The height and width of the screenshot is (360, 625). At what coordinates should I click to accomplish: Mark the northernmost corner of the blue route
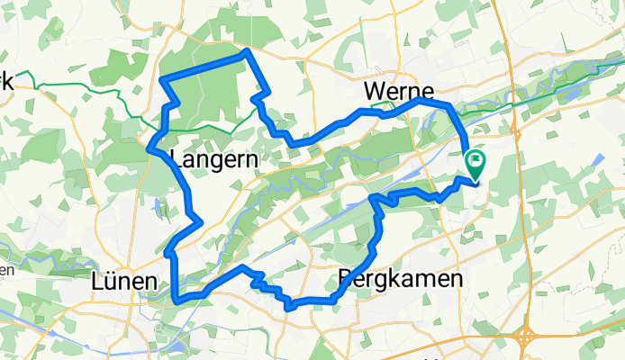[x=246, y=52]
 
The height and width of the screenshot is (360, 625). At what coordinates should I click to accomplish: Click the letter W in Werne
[x=374, y=91]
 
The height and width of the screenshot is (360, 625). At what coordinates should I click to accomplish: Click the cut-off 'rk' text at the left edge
[x=6, y=82]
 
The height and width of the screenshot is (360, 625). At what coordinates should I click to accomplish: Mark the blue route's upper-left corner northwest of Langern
[x=162, y=81]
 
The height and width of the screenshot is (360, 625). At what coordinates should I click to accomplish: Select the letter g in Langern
[x=214, y=162]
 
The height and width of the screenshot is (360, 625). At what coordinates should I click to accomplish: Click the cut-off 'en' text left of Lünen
[x=5, y=269]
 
